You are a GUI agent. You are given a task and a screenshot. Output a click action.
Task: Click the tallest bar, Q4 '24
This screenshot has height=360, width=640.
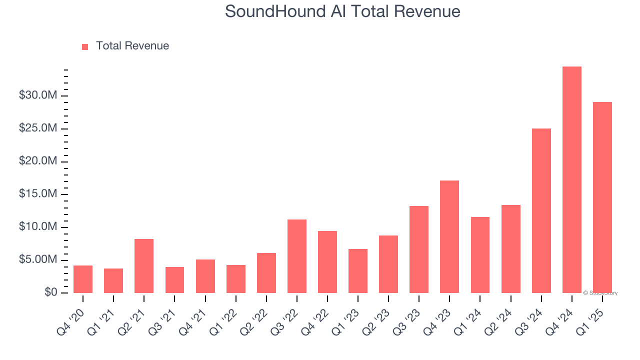pos(571,180)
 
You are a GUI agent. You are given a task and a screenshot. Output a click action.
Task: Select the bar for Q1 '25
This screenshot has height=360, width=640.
pos(602,197)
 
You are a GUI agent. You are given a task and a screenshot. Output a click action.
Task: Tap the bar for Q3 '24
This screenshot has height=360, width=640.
pos(541,210)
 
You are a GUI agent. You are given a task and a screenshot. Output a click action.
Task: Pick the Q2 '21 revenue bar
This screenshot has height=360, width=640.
pos(144,266)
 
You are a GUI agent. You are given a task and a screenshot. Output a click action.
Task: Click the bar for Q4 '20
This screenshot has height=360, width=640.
pos(83,279)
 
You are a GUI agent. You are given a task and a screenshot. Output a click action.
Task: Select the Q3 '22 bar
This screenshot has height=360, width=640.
pos(297,256)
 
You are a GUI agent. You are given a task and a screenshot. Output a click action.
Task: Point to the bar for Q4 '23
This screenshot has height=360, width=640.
pos(449,236)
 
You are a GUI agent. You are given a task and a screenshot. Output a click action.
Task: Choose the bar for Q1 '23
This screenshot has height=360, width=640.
pos(358,271)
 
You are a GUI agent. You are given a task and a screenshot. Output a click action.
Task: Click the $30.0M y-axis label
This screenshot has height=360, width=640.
pos(38,95)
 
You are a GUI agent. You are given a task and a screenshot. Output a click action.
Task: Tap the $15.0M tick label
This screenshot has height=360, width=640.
pos(38,194)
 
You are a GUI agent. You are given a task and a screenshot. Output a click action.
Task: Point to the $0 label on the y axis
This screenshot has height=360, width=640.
pos(50,292)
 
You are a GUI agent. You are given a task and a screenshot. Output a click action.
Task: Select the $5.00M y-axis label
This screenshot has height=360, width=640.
pos(38,259)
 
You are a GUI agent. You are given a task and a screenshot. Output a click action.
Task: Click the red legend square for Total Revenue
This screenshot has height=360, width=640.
pos(85,46)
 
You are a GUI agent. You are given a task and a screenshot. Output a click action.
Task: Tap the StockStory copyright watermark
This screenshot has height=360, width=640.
pos(600,293)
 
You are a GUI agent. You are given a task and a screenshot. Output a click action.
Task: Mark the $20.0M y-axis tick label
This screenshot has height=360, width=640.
pos(38,161)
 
